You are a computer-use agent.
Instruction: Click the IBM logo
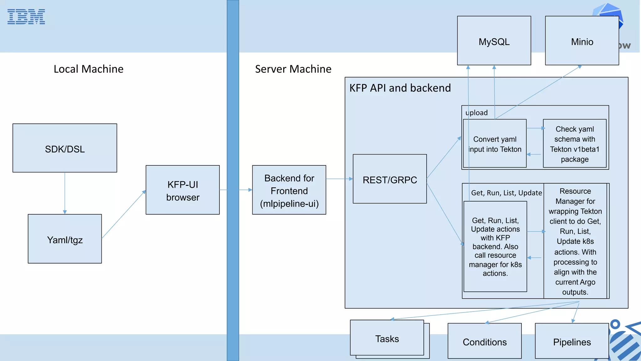[x=26, y=17]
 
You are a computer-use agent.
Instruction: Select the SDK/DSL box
[x=65, y=148]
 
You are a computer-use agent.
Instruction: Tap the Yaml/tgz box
[x=65, y=239]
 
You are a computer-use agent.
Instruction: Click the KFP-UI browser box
[x=182, y=190]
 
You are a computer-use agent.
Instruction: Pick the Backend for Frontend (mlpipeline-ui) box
[x=289, y=190]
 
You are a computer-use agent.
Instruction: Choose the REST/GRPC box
[x=390, y=179]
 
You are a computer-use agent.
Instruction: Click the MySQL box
[x=494, y=41]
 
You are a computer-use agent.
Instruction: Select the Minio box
[x=582, y=41]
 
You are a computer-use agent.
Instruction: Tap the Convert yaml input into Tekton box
[x=495, y=144]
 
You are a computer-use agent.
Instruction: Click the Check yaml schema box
[x=575, y=144]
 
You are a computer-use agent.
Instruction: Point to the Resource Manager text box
[x=575, y=241]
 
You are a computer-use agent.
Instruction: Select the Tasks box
[x=387, y=338]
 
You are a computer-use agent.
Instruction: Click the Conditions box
[x=485, y=341]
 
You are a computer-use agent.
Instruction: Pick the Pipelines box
[x=572, y=341]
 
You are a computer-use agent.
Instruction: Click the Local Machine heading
[x=89, y=69]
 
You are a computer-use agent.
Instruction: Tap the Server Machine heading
[x=293, y=69]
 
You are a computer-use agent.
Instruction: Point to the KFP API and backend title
[x=400, y=88]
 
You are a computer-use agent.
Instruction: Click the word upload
[x=476, y=113]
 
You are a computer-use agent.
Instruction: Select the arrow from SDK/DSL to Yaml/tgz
[x=65, y=193]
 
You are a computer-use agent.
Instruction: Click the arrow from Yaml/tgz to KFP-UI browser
[x=124, y=214]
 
